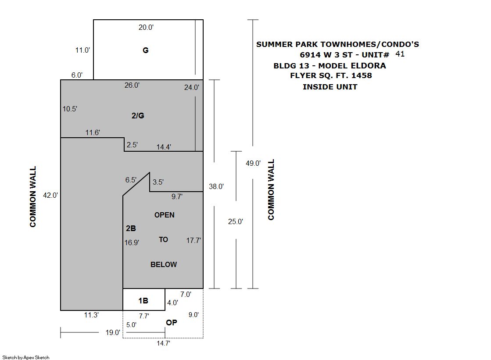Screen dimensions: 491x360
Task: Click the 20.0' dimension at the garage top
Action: [146, 28]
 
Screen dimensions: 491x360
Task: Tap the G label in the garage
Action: [146, 50]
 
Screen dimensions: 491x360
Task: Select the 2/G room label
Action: [138, 116]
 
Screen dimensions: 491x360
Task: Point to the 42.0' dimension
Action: [50, 195]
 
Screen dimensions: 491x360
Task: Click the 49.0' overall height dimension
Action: [253, 163]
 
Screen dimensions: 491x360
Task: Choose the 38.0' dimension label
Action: [216, 186]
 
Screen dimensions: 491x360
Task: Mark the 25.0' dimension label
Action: [236, 221]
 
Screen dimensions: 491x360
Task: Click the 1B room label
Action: [143, 301]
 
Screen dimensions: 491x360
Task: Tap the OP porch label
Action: [172, 322]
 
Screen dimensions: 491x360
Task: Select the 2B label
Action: [131, 228]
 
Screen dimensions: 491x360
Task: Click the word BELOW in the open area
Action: [164, 264]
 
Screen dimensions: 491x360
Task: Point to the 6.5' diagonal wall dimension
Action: [131, 180]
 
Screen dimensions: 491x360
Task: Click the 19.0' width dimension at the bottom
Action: [113, 332]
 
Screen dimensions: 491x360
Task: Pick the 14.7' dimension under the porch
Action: [164, 343]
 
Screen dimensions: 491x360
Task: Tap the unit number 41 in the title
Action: [400, 54]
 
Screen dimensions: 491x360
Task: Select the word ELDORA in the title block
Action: [368, 66]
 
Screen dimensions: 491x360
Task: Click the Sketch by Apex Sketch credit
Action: [26, 357]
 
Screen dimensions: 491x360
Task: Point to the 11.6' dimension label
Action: [93, 133]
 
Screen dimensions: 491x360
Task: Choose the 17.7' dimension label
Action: [194, 240]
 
